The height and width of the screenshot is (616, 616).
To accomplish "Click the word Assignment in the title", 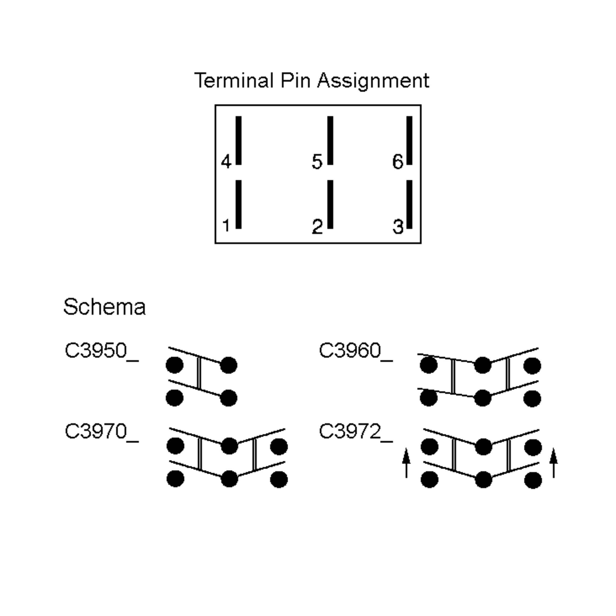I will click(373, 81).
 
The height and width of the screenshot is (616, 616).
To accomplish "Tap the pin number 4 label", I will click(226, 161).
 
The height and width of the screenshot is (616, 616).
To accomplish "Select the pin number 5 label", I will click(317, 161).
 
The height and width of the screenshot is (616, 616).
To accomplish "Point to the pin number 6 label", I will click(398, 161).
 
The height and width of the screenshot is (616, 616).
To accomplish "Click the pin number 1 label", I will click(226, 226).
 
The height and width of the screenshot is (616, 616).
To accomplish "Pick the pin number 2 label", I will click(317, 227).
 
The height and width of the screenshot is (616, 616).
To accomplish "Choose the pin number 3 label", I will click(398, 227).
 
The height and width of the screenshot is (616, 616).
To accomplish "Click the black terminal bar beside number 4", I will click(238, 140).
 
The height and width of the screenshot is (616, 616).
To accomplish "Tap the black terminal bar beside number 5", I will click(330, 140).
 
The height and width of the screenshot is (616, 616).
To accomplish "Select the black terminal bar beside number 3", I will click(409, 204).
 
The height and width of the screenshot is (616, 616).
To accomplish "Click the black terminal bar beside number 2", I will click(330, 204).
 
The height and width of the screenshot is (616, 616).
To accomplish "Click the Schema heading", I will click(104, 307).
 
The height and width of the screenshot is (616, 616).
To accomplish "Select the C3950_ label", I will click(101, 351).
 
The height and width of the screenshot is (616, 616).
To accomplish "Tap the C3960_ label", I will click(355, 351).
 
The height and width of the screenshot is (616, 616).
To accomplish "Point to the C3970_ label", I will click(101, 432).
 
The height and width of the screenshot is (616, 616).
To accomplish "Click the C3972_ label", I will click(355, 432).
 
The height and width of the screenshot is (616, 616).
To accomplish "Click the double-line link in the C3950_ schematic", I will click(199, 373).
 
